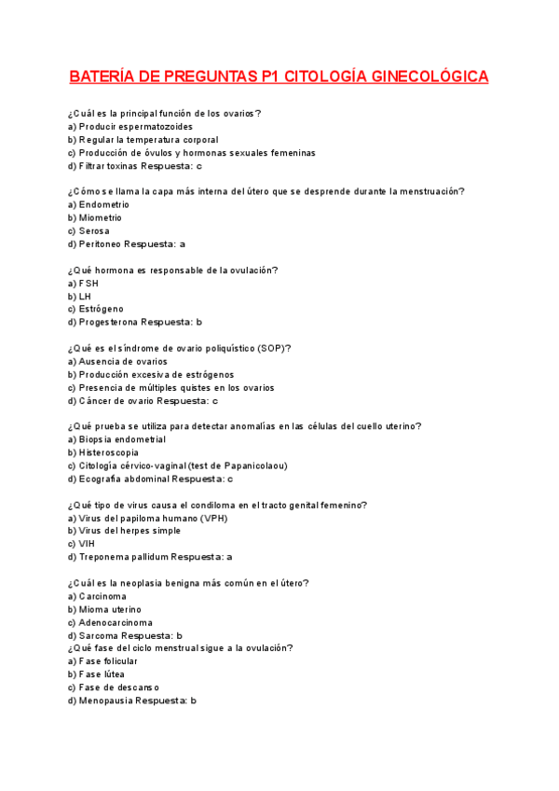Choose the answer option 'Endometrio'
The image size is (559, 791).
pyautogui.click(x=103, y=204)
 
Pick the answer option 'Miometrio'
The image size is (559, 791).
pyautogui.click(x=100, y=217)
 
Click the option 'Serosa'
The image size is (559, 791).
pyautogui.click(x=94, y=230)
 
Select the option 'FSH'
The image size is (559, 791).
pyautogui.click(x=89, y=283)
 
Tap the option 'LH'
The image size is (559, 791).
pyautogui.click(x=85, y=296)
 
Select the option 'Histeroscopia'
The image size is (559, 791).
pyautogui.click(x=110, y=452)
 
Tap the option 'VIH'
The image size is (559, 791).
pyautogui.click(x=87, y=544)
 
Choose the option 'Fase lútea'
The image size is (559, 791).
pyautogui.click(x=102, y=673)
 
